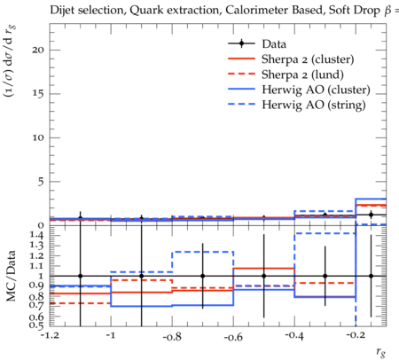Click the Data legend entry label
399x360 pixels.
pos(274,44)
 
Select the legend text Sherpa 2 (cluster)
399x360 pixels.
pos(308,59)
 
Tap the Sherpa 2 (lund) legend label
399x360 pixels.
pos(302,74)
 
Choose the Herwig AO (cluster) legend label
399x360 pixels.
pos(316,90)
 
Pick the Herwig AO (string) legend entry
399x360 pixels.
pos(314,105)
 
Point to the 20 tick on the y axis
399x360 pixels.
pos(38,50)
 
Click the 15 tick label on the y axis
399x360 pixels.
pos(38,94)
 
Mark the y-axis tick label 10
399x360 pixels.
pos(38,137)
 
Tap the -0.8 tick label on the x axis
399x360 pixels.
pos(172,336)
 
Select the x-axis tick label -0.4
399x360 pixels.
pos(294,336)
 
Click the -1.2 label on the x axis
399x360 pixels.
pos(50,336)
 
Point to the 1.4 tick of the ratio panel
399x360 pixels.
pos(36,236)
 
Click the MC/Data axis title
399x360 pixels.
pos(11,276)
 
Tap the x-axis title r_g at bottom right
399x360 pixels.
pos(381,352)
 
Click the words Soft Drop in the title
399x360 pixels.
pos(354,11)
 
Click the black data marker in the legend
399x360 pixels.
pos(242,43)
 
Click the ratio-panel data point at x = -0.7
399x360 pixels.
pos(203,276)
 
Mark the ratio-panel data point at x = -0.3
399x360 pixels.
pos(325,276)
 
